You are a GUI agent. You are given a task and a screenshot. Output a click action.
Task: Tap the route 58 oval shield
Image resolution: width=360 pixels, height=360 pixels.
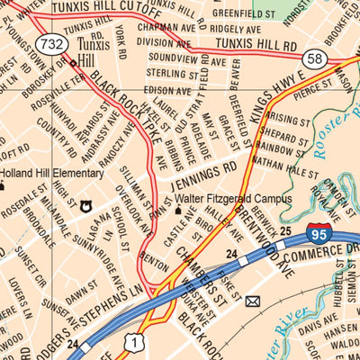[315, 59]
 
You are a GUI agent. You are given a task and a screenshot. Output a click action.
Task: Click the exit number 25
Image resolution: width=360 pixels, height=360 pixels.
[284, 232]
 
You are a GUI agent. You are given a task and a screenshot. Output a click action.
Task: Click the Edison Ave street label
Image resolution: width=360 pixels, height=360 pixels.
[167, 89]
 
